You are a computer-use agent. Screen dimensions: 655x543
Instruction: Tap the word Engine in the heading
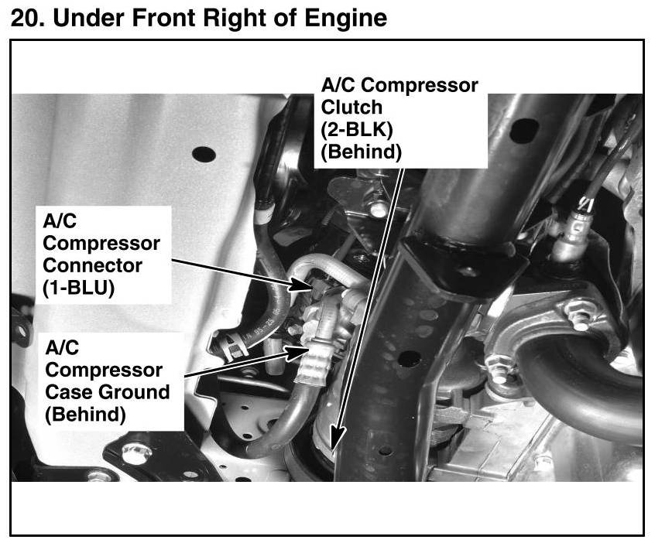point(345,19)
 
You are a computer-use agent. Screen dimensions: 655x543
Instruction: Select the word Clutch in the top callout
point(352,108)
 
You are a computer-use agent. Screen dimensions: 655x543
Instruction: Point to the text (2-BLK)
point(357,130)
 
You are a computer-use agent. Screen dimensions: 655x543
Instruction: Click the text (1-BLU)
point(78,288)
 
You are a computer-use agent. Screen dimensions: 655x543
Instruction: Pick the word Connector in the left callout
point(92,265)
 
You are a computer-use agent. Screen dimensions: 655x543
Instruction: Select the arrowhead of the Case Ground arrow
point(297,353)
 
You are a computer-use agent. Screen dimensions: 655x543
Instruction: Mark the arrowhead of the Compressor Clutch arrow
point(338,439)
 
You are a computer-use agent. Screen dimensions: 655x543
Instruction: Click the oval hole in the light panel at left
point(204,154)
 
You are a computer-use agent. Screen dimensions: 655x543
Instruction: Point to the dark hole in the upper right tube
point(524,130)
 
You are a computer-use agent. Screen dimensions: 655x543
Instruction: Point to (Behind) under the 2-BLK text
point(361,152)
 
